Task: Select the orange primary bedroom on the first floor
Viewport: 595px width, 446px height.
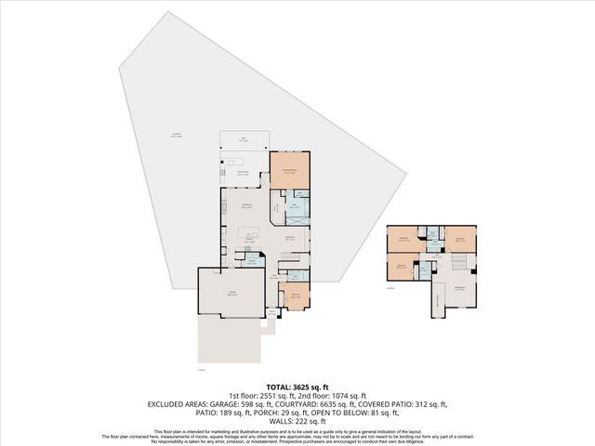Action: (289, 173)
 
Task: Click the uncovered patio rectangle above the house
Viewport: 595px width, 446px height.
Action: (245, 139)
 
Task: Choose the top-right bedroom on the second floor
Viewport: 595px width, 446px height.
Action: (459, 239)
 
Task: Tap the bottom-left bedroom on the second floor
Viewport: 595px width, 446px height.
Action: (400, 268)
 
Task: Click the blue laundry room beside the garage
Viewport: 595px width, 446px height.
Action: (250, 263)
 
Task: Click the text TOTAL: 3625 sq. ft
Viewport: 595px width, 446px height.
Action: (297, 387)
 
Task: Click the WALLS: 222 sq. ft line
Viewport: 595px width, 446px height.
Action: (297, 421)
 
